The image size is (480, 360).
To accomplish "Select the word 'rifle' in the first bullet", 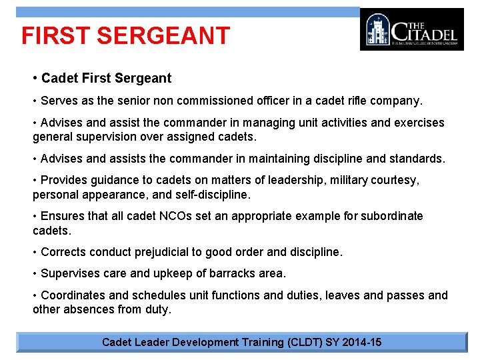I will tap(345, 101).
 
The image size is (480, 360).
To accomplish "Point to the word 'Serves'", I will tap(59, 101).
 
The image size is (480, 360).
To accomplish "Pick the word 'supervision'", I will tap(109, 137).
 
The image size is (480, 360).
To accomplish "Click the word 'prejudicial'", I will tap(167, 252).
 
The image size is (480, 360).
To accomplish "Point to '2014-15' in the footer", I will tap(362, 342).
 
